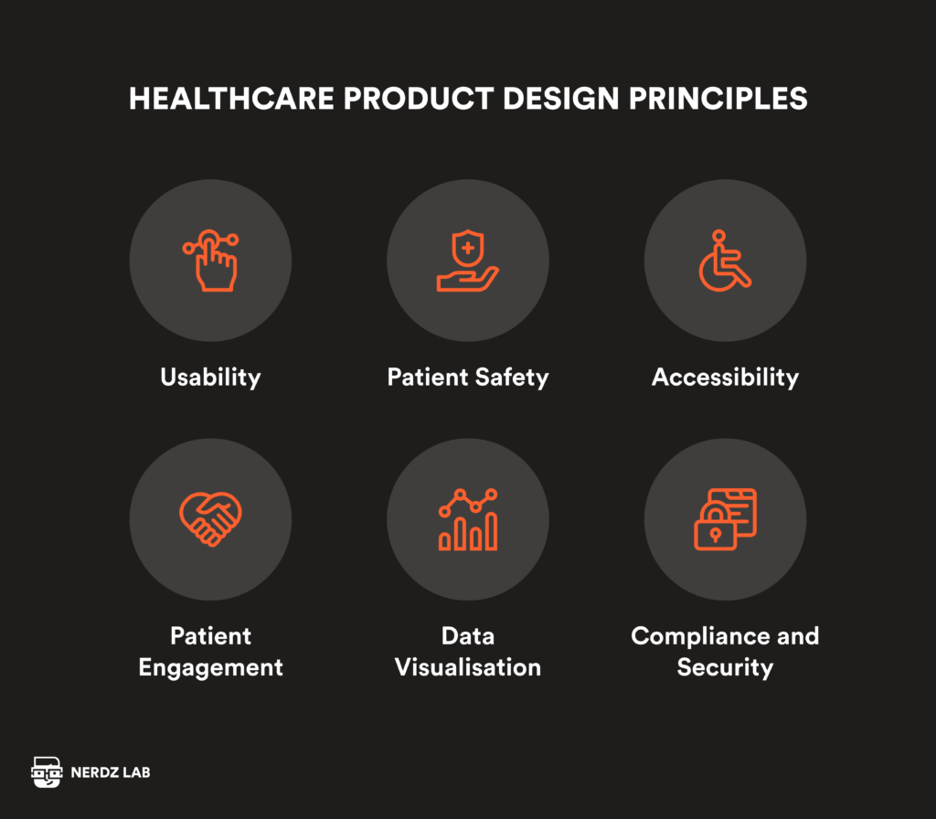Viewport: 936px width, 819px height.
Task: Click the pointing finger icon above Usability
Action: pyautogui.click(x=210, y=261)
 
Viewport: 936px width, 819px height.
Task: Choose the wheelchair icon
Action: pyautogui.click(x=725, y=261)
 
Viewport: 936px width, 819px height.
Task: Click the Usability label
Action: pyautogui.click(x=210, y=378)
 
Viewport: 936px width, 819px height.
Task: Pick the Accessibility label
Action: pyautogui.click(x=725, y=378)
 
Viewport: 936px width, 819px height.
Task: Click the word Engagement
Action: pyautogui.click(x=210, y=667)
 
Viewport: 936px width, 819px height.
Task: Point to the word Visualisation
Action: pyautogui.click(x=468, y=667)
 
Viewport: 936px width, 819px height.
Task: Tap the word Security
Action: pyautogui.click(x=725, y=667)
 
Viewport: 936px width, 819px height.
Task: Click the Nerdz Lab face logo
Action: pyautogui.click(x=46, y=772)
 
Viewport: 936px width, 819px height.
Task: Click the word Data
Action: pyautogui.click(x=468, y=636)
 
